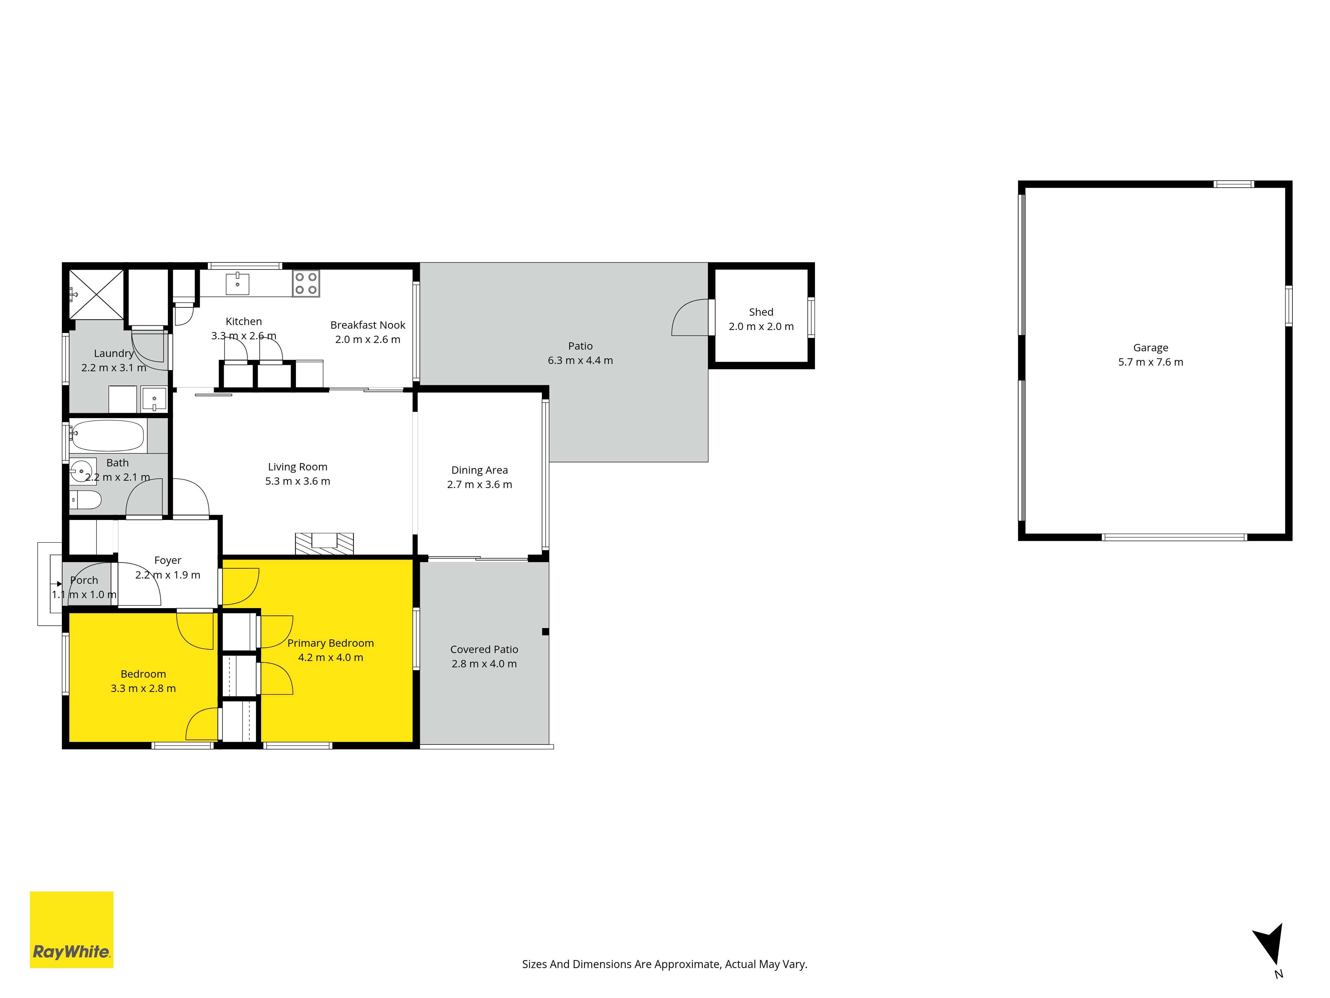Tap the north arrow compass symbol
pyautogui.click(x=1270, y=944)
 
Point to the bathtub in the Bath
pyautogui.click(x=108, y=435)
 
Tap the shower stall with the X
pyautogui.click(x=96, y=294)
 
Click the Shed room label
pyautogui.click(x=761, y=312)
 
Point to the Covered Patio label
pyautogui.click(x=484, y=650)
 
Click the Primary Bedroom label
pyautogui.click(x=331, y=643)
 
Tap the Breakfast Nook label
pyautogui.click(x=368, y=325)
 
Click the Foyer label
pyautogui.click(x=168, y=561)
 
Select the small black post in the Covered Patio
pyautogui.click(x=545, y=632)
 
